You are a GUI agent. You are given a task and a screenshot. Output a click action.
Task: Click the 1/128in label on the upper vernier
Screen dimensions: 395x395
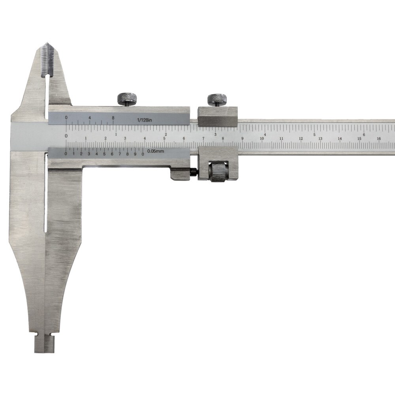[x=144, y=120]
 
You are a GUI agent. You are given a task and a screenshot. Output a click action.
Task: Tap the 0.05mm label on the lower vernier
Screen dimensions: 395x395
[x=156, y=151]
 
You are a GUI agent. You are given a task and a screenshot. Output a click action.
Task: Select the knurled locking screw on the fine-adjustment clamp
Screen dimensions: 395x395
[x=217, y=100]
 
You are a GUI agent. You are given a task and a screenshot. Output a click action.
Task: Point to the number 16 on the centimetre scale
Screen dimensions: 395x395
[x=379, y=139]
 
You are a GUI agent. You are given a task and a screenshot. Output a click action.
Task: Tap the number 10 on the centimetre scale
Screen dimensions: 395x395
[x=262, y=139]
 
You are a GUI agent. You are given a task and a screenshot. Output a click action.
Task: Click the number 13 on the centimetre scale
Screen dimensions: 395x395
[x=320, y=139]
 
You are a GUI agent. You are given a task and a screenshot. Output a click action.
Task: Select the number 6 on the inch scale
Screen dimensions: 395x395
[x=364, y=135]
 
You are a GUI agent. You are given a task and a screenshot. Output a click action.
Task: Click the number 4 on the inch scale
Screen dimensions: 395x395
[x=265, y=135]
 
